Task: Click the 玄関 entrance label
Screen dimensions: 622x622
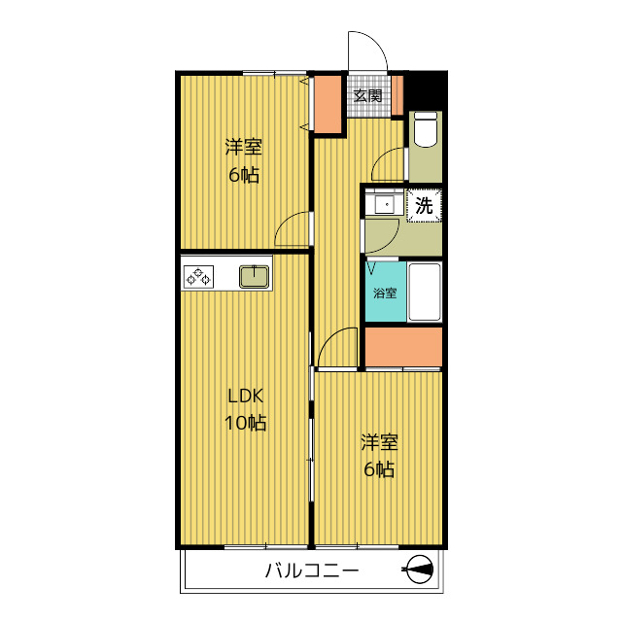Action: [x=367, y=95]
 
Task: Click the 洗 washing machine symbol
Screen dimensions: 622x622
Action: [x=424, y=205]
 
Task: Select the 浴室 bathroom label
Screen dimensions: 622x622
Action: [x=385, y=293]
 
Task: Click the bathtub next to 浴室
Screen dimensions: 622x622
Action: [x=425, y=291]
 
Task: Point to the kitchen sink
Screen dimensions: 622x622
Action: [x=256, y=276]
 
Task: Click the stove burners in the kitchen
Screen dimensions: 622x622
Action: [x=198, y=277]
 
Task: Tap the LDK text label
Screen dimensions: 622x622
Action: [x=245, y=397]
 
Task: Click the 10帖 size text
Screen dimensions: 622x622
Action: [x=245, y=423]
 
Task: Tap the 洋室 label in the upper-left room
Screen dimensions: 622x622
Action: [x=244, y=148]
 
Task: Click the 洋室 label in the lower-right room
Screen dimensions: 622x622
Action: [x=379, y=442]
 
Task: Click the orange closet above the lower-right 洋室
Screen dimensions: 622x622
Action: [x=403, y=346]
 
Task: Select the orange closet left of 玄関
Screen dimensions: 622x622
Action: [x=329, y=102]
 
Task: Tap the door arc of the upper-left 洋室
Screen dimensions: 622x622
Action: [x=293, y=231]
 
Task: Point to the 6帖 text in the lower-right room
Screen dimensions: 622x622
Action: [x=379, y=469]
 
